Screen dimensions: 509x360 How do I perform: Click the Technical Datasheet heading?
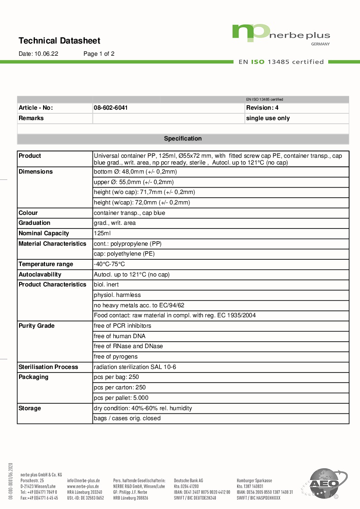point(59,41)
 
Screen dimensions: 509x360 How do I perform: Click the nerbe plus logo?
point(281,34)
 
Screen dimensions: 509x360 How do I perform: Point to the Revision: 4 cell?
point(262,108)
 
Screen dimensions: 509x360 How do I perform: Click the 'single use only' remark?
point(268,118)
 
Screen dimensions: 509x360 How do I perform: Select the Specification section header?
point(183,139)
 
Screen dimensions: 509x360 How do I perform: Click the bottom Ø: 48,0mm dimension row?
point(135,172)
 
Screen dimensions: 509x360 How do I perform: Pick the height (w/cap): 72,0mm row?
point(141,203)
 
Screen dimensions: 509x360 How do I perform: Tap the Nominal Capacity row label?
point(44,233)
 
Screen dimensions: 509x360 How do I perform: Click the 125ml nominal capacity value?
point(102,233)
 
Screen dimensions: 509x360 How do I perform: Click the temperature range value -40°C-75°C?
point(109,264)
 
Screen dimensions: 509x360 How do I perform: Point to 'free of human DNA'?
point(120,336)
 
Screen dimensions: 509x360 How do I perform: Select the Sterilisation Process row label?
point(49,367)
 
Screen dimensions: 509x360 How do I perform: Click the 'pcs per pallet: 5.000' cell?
point(121,398)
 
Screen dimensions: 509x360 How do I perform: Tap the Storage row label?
point(30,408)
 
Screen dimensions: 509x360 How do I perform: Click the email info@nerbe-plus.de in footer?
point(83,480)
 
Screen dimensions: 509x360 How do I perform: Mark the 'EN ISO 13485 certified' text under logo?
point(281,62)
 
